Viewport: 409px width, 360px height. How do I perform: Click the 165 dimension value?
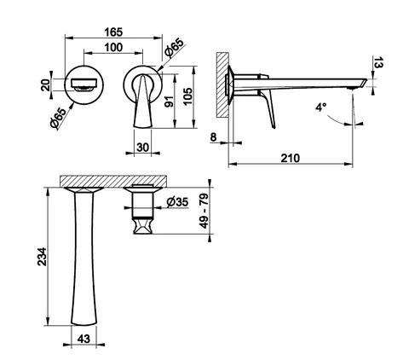coord(113,32)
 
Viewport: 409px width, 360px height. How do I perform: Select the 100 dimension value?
coord(113,48)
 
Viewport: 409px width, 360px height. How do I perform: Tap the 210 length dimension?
coord(291,158)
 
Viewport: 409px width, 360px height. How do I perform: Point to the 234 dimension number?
coord(43,257)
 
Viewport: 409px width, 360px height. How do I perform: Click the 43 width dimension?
coord(84,339)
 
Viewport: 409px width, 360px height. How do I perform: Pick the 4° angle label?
coord(321,107)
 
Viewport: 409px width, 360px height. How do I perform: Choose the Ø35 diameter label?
coord(177,202)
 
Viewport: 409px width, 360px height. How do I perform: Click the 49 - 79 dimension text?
coord(204,211)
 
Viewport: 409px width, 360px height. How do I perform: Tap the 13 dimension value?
coord(378,62)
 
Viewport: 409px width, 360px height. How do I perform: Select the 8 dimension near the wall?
coord(213,137)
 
